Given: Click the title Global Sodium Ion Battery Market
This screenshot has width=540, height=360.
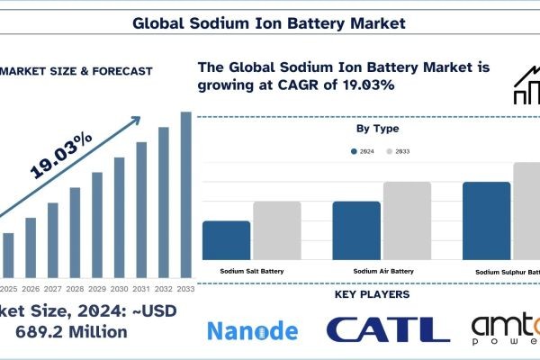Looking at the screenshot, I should pyautogui.click(x=269, y=20).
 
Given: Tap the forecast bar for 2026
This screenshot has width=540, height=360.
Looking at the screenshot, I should pyautogui.click(x=31, y=247).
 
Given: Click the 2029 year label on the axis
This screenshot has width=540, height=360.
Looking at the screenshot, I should pyautogui.click(x=97, y=288).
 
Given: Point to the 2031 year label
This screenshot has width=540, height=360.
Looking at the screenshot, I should pyautogui.click(x=141, y=288).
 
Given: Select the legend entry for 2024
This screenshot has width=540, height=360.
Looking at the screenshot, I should pyautogui.click(x=362, y=152).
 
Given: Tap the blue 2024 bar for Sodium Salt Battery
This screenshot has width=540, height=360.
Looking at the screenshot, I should pyautogui.click(x=227, y=239).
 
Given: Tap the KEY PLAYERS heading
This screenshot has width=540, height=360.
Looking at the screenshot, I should pyautogui.click(x=372, y=294).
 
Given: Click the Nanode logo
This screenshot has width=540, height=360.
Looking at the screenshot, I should pyautogui.click(x=252, y=330).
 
